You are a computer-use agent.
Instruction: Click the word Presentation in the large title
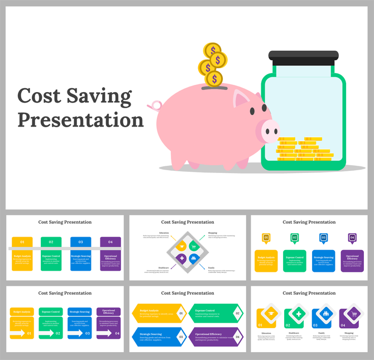tap(80, 119)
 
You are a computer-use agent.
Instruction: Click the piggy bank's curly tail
tap(155, 105)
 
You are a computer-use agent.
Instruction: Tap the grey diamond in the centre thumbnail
tap(187, 252)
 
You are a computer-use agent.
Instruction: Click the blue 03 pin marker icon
tap(323, 238)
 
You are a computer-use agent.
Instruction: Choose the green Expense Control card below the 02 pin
tap(294, 261)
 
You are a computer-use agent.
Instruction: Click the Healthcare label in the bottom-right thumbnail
tap(294, 333)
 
